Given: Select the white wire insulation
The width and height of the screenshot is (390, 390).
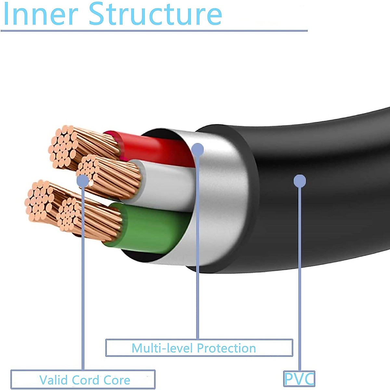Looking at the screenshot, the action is pos(164,185).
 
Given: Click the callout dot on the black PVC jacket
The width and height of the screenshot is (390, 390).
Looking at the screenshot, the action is pos(300,181).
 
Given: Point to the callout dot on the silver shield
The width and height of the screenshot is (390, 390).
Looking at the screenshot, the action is pos(198,149).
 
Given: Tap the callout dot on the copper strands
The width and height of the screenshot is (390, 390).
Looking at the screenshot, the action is pos(83,181).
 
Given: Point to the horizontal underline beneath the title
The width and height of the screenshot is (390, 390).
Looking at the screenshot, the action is pos(154,31).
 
